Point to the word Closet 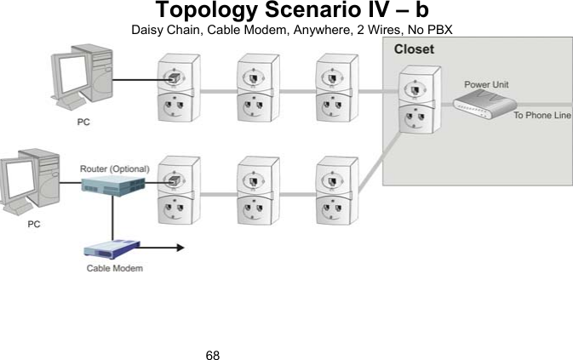(414, 49)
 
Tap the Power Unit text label (486, 85)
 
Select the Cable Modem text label (114, 269)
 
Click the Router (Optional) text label (113, 169)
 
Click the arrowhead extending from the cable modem (179, 249)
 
